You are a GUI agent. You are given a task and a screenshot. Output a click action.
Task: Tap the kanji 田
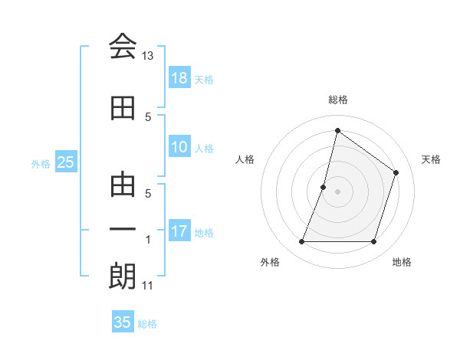pos(123,108)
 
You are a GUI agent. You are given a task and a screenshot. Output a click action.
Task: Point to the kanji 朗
pos(123,277)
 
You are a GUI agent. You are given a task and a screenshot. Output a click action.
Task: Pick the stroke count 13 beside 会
pos(148,56)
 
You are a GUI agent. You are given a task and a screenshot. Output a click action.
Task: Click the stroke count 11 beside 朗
pos(148,286)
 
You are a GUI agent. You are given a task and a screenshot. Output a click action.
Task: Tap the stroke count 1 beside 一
pos(148,240)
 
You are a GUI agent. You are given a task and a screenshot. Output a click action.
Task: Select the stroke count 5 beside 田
pos(148,116)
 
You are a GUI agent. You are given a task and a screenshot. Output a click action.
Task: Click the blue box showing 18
pos(179,78)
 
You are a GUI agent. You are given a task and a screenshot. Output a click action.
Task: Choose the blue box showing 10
pos(179,148)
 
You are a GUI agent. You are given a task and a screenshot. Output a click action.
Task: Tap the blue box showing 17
pos(179,231)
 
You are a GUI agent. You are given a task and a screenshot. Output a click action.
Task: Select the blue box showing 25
pos(65,162)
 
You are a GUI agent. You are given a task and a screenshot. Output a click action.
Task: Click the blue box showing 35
pos(123,322)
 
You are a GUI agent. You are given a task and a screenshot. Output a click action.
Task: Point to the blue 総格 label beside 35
pos(147,324)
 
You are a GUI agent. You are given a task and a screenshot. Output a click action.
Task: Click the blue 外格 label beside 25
pos(40,163)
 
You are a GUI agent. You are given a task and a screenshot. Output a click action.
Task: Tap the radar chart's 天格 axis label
pos(431,159)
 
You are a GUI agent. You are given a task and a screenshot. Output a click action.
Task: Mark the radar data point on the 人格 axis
pos(324,187)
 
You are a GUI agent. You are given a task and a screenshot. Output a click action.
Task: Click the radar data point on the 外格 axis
pos(301,242)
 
